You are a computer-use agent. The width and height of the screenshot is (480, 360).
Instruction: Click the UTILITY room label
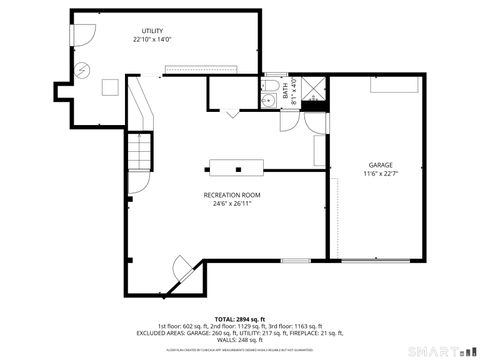pos(153,31)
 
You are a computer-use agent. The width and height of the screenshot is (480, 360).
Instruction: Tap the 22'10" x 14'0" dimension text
pos(153,40)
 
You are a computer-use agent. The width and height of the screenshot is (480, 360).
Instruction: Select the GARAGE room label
pos(379,165)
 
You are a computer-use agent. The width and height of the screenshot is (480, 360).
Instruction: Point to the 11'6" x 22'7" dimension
pos(379,174)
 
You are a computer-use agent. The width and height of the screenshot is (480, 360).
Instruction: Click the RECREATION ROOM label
pos(232,195)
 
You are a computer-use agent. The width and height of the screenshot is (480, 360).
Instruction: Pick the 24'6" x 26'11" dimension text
pos(232,204)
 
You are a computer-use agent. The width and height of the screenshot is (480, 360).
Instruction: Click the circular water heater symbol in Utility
pos(83,70)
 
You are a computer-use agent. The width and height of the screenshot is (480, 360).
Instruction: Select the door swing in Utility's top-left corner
pos(83,33)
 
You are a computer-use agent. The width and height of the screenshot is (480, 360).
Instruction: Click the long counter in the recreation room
pos(240,165)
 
